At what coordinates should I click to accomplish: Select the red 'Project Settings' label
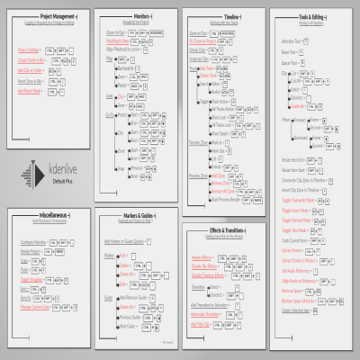point(30,49)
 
